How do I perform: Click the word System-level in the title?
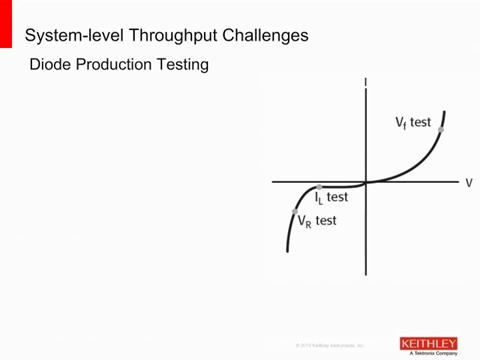point(67,36)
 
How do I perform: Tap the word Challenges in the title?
point(259,36)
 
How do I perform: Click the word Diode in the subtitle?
point(53,66)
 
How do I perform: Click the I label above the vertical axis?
point(367,82)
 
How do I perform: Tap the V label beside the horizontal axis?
point(468,183)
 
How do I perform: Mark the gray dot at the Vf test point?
point(441,130)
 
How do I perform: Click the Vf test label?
point(412,123)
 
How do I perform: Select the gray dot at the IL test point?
point(319,187)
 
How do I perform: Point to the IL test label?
point(331,199)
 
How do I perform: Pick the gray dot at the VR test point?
point(294,212)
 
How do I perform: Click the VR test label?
point(317,221)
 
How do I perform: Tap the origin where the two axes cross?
point(367,182)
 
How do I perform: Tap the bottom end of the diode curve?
point(287,251)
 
